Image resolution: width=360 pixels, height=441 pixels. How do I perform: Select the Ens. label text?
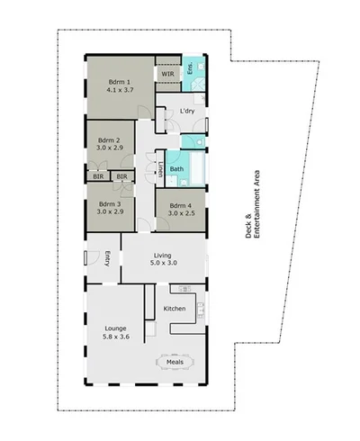[190, 68]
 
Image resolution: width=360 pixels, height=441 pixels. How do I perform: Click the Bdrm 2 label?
[110, 140]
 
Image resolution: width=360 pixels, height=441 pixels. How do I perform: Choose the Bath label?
[177, 168]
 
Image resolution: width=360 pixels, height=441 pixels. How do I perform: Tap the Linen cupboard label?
[160, 167]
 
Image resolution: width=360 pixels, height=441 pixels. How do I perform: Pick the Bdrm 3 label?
[110, 203]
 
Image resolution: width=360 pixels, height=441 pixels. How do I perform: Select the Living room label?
[164, 256]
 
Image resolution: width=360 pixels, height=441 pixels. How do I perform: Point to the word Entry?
[108, 258]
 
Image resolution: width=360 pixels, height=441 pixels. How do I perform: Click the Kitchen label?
[175, 309]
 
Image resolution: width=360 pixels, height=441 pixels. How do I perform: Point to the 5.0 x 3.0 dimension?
[164, 265]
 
